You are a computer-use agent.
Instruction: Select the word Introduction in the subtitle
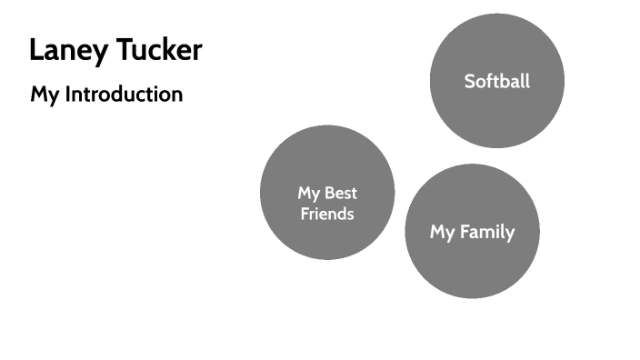click(x=123, y=94)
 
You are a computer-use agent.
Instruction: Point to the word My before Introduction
click(x=45, y=94)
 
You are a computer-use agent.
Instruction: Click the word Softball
click(x=496, y=81)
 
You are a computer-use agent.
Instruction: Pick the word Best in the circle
click(x=341, y=193)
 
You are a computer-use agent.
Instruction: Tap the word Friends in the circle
click(x=327, y=215)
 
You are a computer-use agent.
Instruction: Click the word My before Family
click(x=443, y=232)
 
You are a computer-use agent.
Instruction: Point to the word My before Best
click(x=309, y=193)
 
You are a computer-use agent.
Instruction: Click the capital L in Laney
click(x=35, y=51)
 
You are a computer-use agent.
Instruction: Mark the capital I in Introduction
click(x=66, y=94)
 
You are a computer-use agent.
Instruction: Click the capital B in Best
click(x=330, y=193)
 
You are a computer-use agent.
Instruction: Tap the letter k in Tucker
click(x=166, y=51)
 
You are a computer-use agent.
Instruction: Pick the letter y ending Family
click(x=510, y=235)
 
